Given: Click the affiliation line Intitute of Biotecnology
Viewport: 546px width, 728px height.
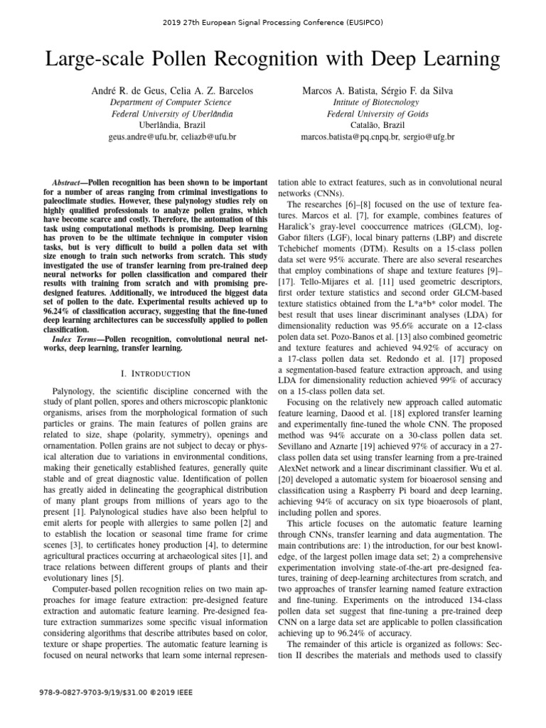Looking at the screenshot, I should [x=377, y=102].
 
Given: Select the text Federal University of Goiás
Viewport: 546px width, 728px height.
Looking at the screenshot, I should [x=377, y=114].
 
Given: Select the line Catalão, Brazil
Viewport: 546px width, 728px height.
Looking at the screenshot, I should [x=377, y=124].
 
